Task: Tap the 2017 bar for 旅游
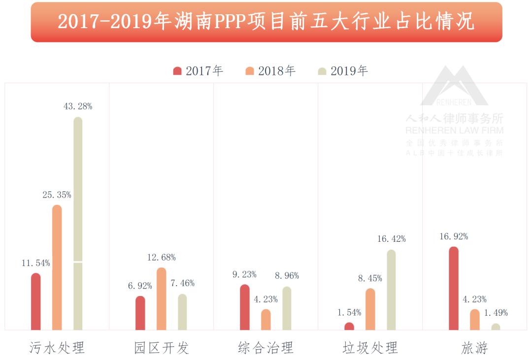[454, 288]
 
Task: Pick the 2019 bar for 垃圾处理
[391, 290]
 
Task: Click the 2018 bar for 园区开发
[162, 298]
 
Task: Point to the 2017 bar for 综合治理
[245, 307]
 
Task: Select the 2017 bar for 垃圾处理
[349, 326]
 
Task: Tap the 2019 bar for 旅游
[496, 327]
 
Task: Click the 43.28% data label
[78, 106]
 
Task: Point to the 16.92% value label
[454, 236]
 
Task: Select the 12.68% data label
[162, 257]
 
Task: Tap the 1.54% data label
[349, 312]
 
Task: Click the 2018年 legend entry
[270, 71]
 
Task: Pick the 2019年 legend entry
[343, 71]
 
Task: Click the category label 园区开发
[162, 348]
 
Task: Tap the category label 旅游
[474, 348]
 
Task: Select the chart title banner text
[266, 22]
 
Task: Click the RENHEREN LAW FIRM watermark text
[454, 131]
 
